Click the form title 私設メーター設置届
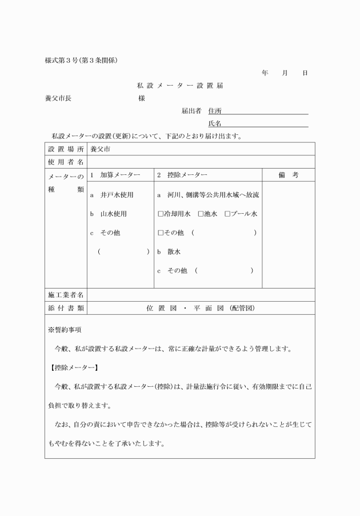coord(179,86)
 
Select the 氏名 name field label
coord(215,123)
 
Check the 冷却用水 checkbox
coord(161,214)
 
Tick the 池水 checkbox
coord(201,214)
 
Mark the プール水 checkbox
coord(227,214)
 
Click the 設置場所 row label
coord(66,149)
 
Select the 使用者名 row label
coord(66,162)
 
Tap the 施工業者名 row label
coord(66,295)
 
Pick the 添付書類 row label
coord(66,308)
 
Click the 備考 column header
coord(288,175)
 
